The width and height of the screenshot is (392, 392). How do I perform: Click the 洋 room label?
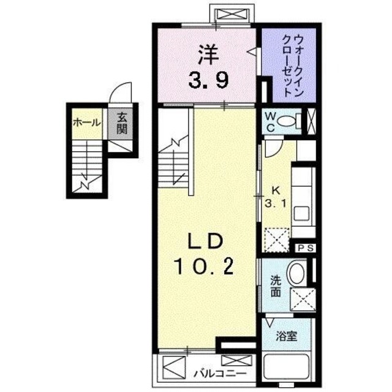pos(206,56)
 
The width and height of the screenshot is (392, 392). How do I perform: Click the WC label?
pos(269,121)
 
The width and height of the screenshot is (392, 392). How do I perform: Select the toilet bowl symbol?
pos(287,121)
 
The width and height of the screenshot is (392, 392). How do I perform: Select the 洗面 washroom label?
pos(276,287)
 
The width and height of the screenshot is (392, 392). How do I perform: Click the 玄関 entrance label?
pos(121,123)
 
